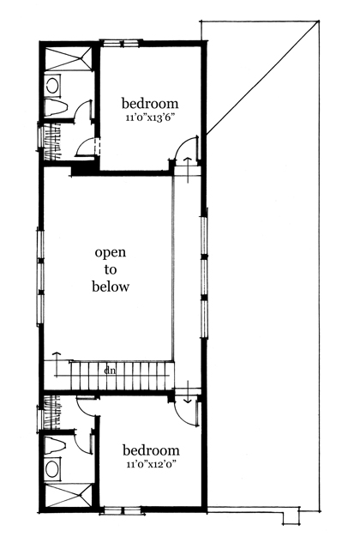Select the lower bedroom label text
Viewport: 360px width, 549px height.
click(151, 450)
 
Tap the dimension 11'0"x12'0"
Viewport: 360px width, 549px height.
click(151, 465)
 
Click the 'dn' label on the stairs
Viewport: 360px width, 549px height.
click(111, 371)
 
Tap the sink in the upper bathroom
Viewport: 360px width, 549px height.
click(52, 86)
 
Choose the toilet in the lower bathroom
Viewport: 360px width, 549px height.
click(54, 445)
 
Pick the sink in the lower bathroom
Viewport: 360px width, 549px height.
click(52, 468)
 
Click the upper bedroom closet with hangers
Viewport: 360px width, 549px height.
click(52, 137)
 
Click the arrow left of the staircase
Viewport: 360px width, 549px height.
click(57, 358)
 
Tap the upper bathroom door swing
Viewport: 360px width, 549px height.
click(84, 112)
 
